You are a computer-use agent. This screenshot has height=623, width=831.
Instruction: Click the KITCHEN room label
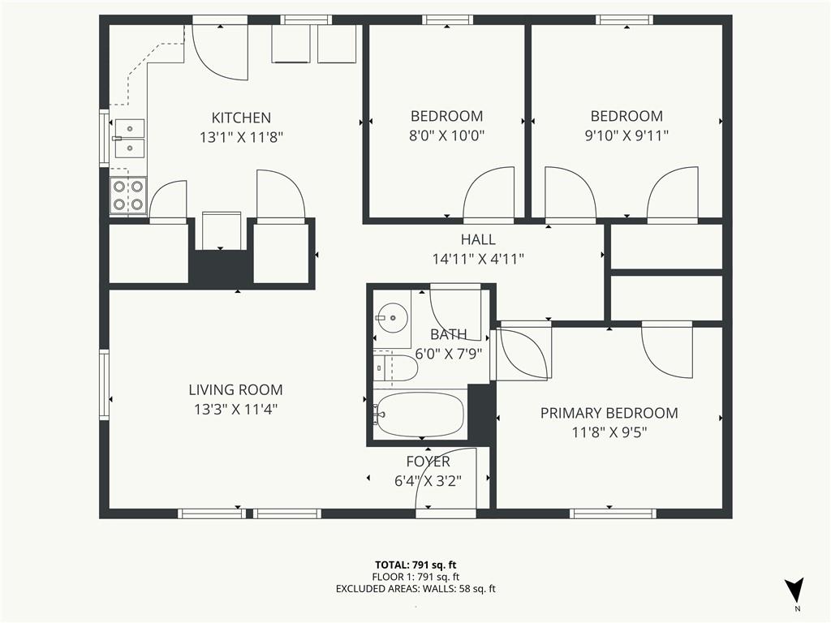(x=241, y=118)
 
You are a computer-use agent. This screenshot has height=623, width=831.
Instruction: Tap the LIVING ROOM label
(x=236, y=390)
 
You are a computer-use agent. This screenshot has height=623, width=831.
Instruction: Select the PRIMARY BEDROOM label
(x=609, y=413)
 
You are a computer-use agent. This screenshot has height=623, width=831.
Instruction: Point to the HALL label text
(x=478, y=239)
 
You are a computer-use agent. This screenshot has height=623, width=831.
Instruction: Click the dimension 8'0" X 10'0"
(x=447, y=135)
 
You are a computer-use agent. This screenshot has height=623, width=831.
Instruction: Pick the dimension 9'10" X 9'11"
(x=626, y=135)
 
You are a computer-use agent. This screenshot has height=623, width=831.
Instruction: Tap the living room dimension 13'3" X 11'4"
(x=236, y=410)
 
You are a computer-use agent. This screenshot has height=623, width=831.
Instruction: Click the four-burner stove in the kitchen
(x=128, y=195)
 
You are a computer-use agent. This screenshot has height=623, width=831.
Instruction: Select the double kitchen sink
(x=130, y=139)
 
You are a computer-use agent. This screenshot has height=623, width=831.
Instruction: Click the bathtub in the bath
(x=420, y=415)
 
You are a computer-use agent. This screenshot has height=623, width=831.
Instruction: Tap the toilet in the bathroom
(x=395, y=367)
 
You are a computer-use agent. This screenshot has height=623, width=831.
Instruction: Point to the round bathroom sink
(x=392, y=318)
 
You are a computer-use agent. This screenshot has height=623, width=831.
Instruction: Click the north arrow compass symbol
(x=794, y=589)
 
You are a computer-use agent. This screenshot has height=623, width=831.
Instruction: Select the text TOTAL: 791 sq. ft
(x=415, y=565)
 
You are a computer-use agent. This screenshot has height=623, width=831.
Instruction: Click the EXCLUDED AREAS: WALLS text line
(x=415, y=589)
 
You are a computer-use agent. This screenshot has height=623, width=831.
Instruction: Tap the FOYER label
(x=428, y=462)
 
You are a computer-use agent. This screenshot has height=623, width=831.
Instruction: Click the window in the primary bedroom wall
(x=613, y=513)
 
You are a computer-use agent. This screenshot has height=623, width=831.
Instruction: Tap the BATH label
(x=448, y=335)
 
